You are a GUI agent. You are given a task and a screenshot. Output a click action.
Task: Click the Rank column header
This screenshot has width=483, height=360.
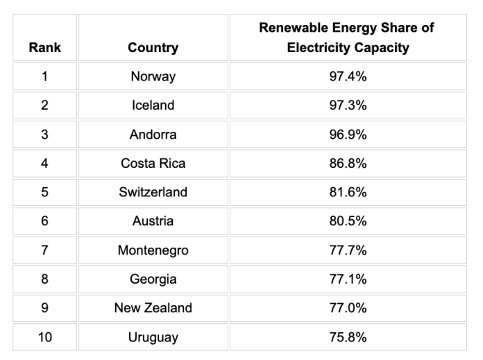(x=44, y=48)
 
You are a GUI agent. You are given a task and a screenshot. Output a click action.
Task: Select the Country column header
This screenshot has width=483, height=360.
(x=153, y=48)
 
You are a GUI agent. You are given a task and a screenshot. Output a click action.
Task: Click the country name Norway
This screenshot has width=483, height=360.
(x=153, y=76)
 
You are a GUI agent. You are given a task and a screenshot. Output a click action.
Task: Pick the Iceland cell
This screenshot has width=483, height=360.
(x=153, y=105)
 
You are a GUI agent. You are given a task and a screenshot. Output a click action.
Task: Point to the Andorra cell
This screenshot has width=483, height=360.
(x=153, y=135)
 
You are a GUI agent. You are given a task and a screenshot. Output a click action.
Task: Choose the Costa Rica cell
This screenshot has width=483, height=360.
(x=153, y=164)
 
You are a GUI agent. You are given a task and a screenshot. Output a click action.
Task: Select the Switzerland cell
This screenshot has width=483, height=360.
(x=153, y=192)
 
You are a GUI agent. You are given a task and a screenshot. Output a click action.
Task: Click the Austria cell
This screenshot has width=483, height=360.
(x=153, y=221)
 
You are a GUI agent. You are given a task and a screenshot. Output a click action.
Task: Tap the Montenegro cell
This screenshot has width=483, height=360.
(x=153, y=250)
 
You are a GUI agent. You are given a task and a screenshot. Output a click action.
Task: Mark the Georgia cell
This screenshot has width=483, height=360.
(x=153, y=280)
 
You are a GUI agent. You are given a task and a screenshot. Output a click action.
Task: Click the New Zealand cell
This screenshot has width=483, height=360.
(x=153, y=308)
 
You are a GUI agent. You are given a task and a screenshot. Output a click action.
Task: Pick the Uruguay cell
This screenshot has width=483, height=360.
(x=153, y=338)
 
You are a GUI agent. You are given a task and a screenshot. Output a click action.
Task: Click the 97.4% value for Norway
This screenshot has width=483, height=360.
(x=348, y=76)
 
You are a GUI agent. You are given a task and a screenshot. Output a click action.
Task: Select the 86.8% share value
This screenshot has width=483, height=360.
(x=348, y=164)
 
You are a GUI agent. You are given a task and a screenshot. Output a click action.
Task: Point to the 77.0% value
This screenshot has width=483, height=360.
(x=348, y=308)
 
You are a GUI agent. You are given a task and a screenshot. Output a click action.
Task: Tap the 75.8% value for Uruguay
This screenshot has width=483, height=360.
(x=348, y=338)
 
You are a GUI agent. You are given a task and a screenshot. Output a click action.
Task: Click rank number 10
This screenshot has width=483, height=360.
(x=44, y=338)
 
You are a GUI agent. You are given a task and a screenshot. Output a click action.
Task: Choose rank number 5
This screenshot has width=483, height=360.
(x=44, y=192)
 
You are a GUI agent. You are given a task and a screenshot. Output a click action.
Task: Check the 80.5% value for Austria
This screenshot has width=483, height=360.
(x=348, y=221)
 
